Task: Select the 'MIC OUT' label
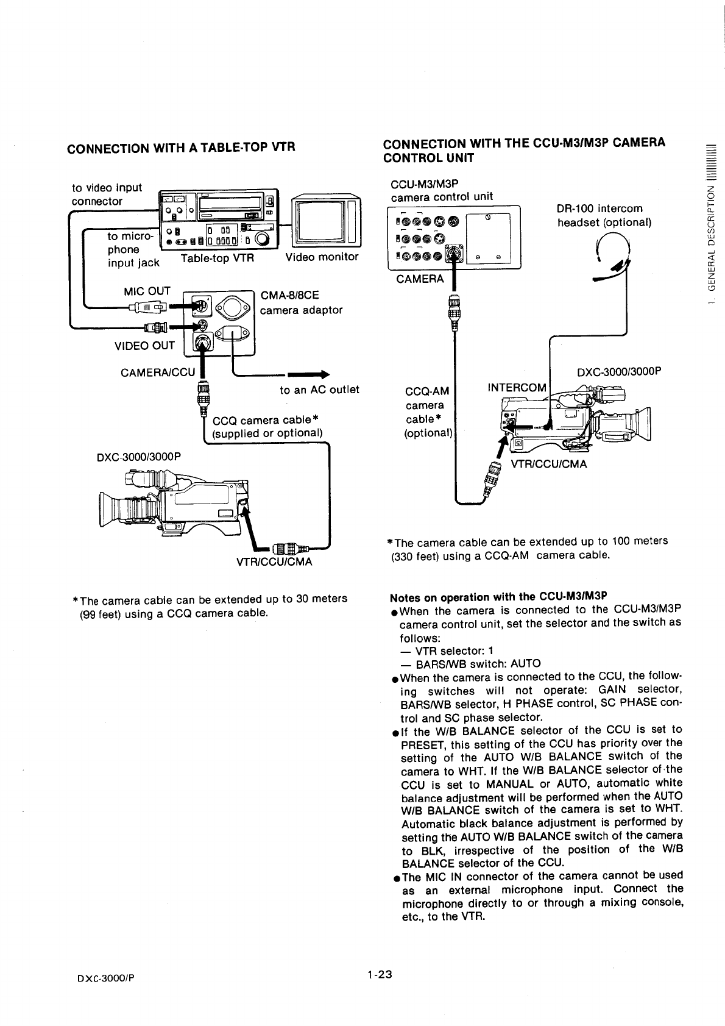click(x=147, y=291)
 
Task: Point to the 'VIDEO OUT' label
click(x=144, y=346)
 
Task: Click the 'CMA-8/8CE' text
click(x=289, y=296)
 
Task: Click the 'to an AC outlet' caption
click(x=319, y=390)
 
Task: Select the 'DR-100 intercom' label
click(x=599, y=209)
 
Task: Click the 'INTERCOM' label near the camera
click(x=517, y=388)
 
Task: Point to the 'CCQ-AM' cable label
click(x=427, y=391)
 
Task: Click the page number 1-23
click(x=378, y=975)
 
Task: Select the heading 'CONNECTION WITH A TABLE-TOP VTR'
click(x=181, y=148)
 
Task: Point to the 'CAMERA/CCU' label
click(x=158, y=372)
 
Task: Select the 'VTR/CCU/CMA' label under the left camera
click(x=274, y=561)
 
